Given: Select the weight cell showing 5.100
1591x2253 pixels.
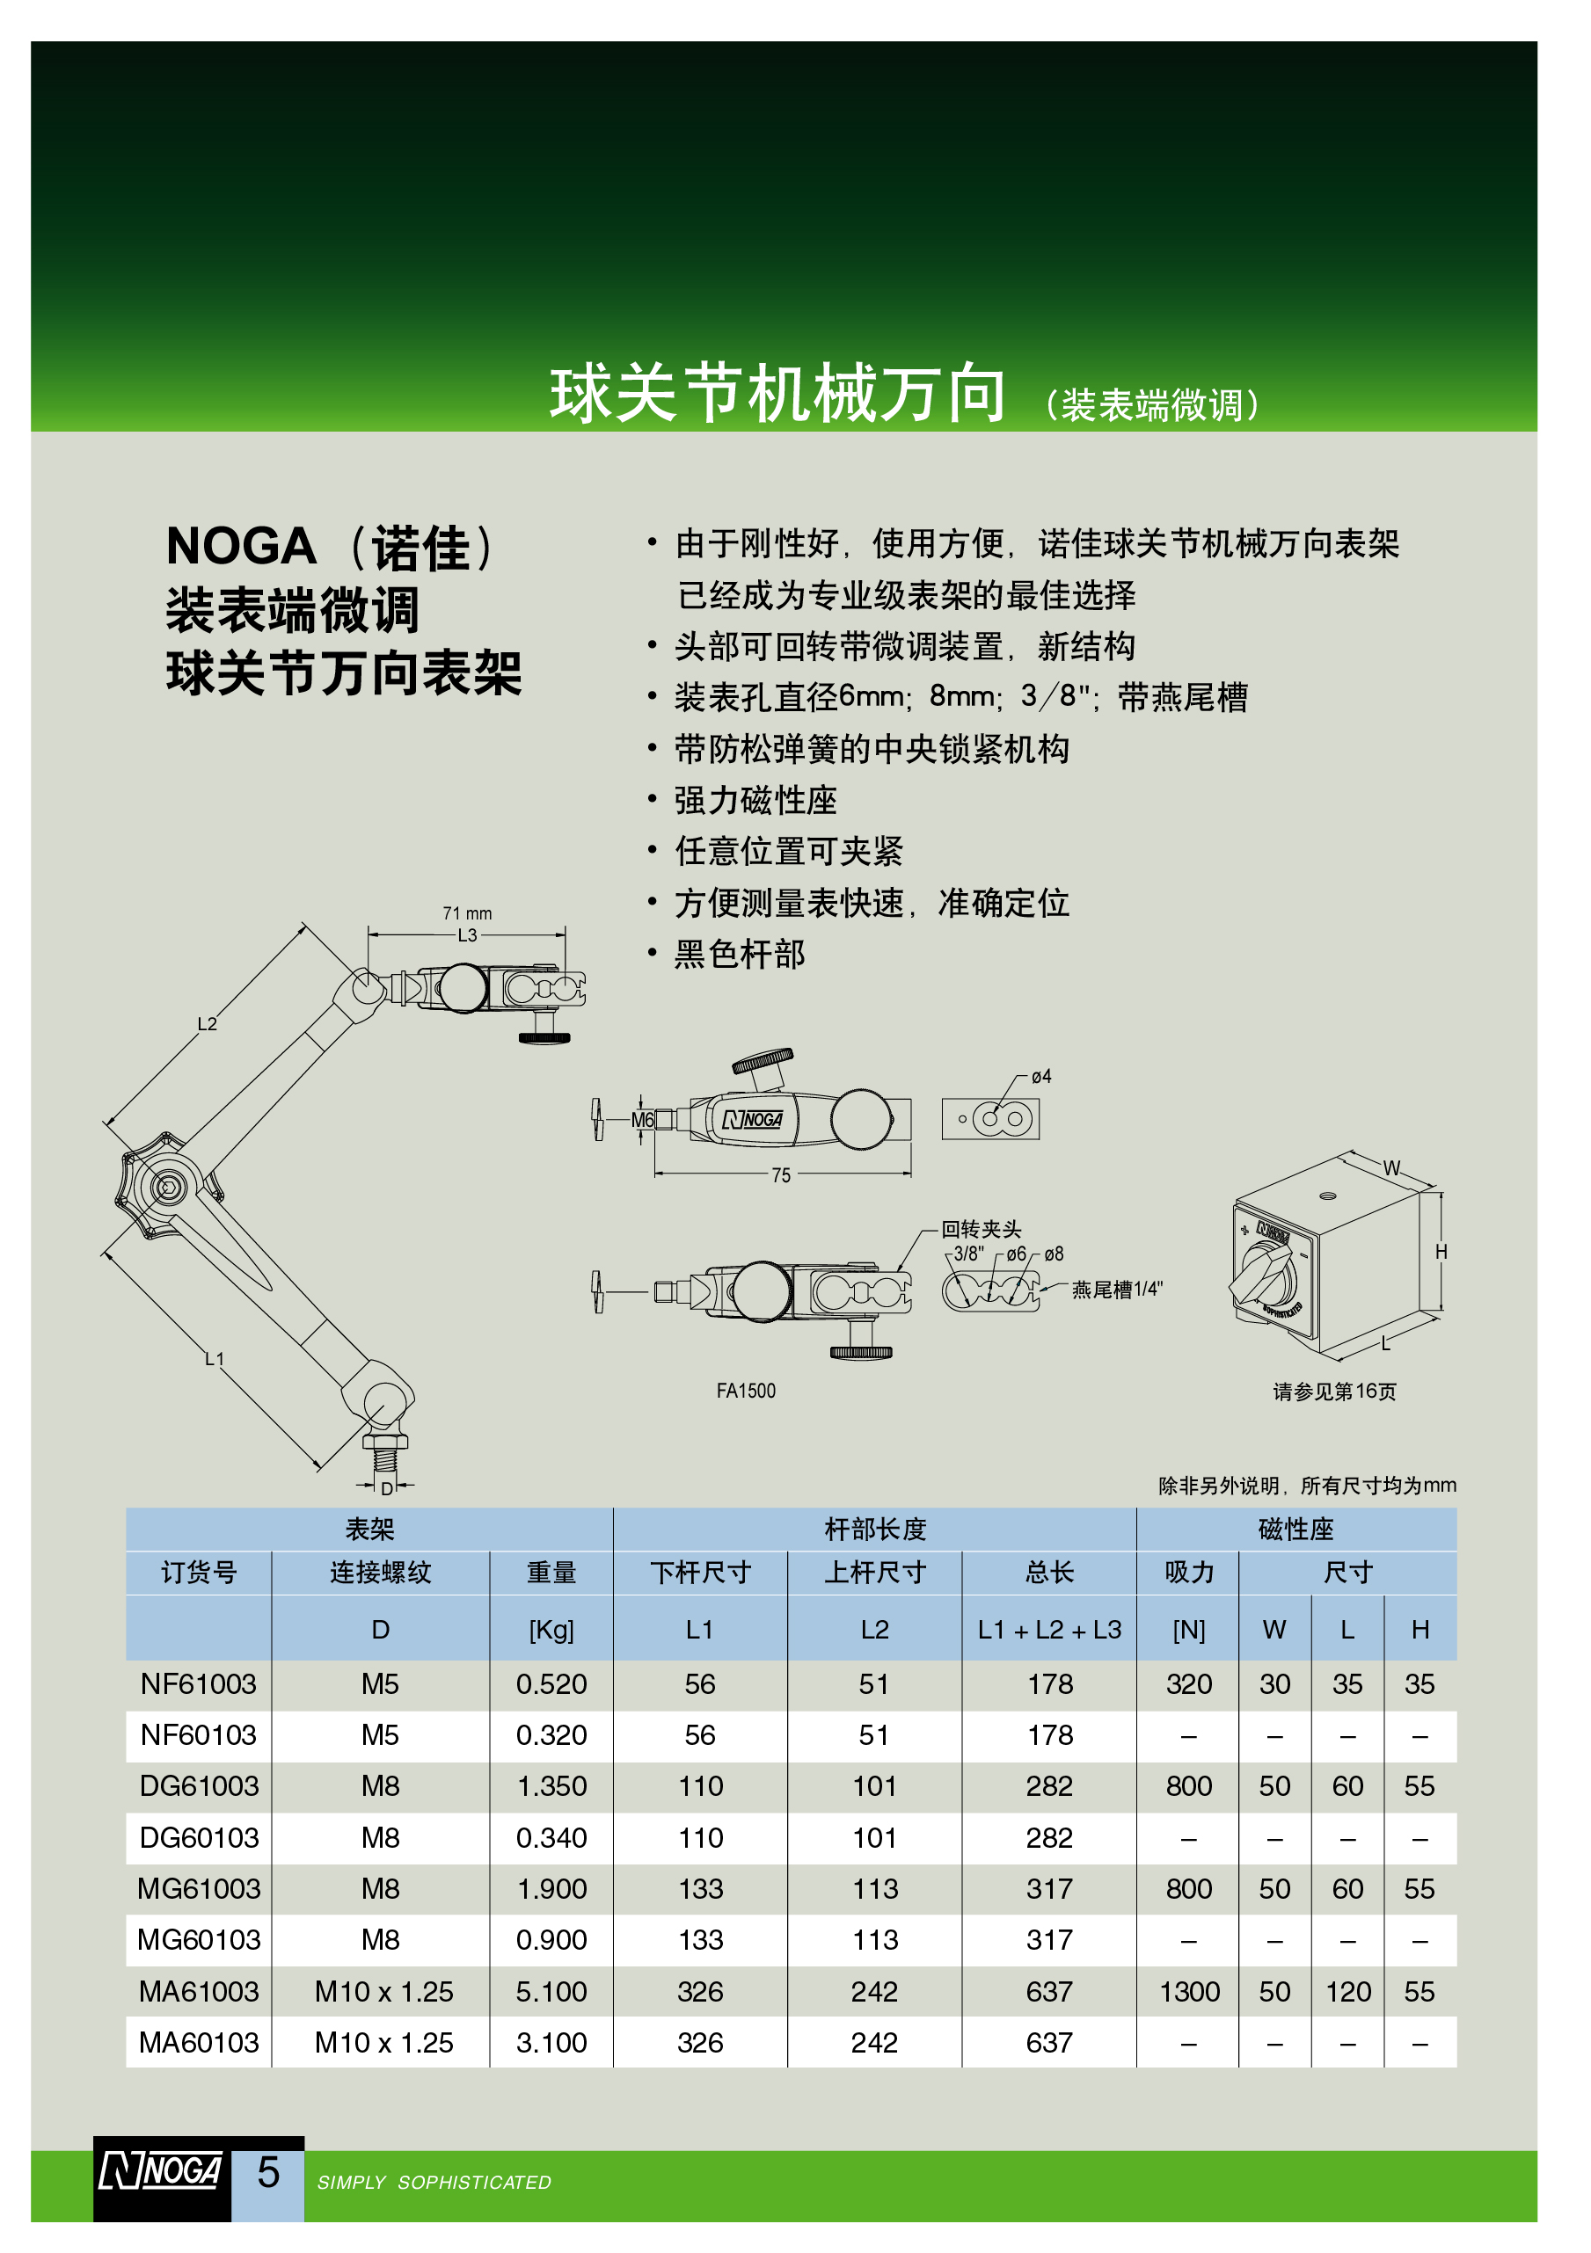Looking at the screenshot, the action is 551,1991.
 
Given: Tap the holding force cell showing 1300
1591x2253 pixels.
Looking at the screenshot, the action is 1190,1991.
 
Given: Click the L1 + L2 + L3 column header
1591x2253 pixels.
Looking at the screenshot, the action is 1049,1630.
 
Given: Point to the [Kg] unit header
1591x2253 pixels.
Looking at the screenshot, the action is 551,1630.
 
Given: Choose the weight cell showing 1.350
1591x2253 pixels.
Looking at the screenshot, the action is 551,1786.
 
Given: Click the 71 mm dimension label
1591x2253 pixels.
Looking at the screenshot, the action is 467,913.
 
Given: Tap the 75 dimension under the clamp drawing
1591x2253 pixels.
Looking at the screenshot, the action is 781,1174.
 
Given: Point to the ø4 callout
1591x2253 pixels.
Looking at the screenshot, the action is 1041,1077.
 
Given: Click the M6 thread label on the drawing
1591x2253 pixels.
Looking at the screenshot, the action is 642,1120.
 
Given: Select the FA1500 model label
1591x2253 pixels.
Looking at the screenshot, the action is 746,1391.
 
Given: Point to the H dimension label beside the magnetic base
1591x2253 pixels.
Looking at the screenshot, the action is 1441,1252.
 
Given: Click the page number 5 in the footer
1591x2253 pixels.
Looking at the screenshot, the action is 268,2171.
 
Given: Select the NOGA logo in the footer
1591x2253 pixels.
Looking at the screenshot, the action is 161,2170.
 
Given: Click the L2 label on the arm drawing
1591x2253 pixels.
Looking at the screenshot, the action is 207,1023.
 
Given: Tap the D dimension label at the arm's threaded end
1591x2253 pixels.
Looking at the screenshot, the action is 387,1488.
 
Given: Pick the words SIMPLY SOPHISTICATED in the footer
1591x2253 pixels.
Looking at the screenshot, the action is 434,2183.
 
